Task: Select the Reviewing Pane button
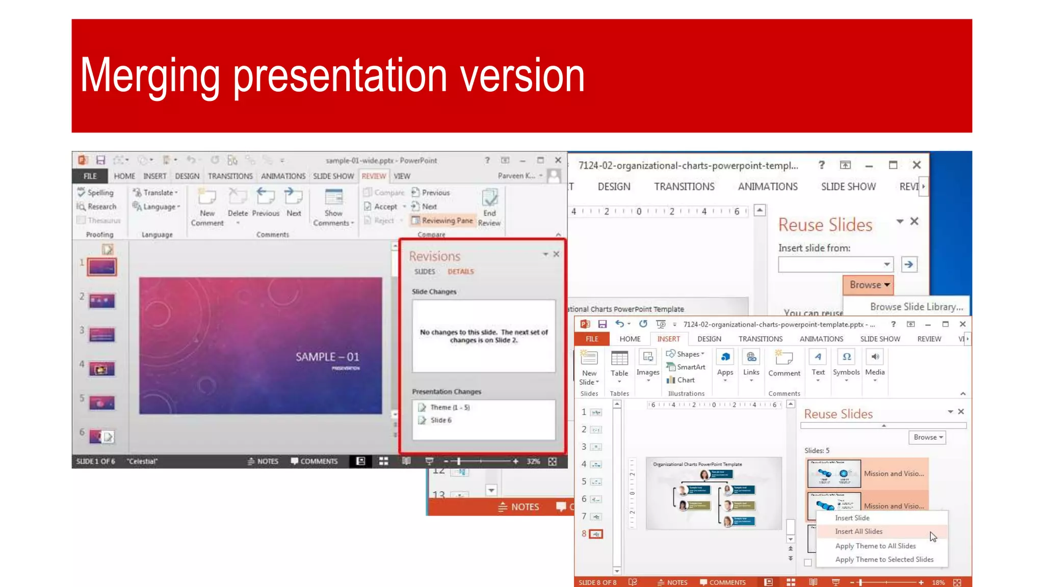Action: coord(442,221)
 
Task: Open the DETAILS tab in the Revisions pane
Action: coord(461,272)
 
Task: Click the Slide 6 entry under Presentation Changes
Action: coord(440,420)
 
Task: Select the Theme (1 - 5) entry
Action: coord(450,408)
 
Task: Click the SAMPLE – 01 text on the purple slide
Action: coord(327,357)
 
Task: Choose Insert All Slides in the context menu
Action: coord(858,531)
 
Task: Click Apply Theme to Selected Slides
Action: coord(884,559)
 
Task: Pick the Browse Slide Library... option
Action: coord(916,307)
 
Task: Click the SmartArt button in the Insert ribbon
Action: coord(686,367)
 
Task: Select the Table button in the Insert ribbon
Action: coord(619,364)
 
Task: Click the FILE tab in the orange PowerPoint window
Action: coord(592,339)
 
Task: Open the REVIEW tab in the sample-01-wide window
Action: coord(374,176)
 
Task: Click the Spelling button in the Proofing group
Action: coord(96,193)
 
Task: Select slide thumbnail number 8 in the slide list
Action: coord(596,534)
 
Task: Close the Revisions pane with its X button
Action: coord(556,254)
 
